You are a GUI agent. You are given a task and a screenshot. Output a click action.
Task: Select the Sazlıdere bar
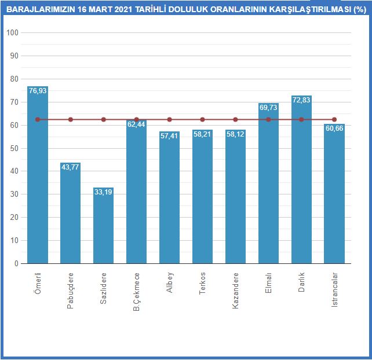104,226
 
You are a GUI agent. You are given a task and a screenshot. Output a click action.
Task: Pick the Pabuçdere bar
71,214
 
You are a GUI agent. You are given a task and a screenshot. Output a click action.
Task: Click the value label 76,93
38,91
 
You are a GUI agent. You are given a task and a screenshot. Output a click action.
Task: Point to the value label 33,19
104,192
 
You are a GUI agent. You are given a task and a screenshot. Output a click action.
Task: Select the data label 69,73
268,108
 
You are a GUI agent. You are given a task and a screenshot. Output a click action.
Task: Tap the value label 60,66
334,128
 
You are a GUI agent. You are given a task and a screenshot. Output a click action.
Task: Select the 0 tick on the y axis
16,263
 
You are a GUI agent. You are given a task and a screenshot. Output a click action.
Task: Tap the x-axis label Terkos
202,283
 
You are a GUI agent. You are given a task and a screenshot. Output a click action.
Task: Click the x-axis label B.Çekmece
137,291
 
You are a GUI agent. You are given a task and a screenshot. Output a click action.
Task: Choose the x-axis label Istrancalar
334,289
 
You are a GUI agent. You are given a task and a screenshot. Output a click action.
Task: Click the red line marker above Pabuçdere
71,119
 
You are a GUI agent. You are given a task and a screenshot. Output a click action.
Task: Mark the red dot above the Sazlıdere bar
104,119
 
